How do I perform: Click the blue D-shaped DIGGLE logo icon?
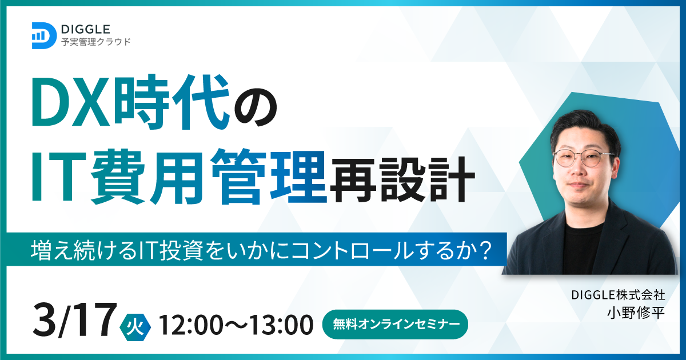(44, 35)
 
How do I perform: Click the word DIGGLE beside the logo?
(85, 29)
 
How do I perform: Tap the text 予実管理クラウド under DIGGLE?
(96, 42)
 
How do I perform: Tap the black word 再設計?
(401, 179)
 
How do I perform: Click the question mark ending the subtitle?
(484, 250)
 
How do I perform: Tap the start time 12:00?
(192, 325)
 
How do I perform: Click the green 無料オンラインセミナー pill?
(396, 324)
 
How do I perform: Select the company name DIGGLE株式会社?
(618, 295)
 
